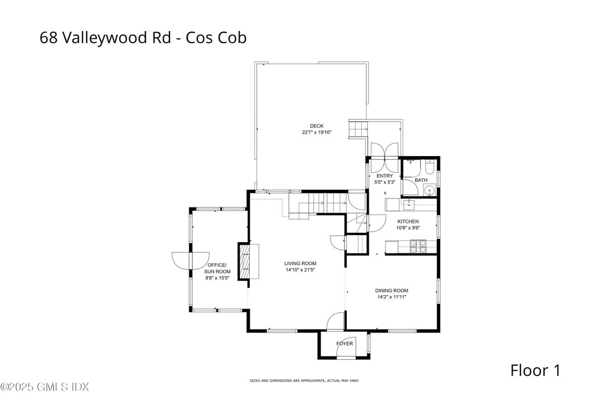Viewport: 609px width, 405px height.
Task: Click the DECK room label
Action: [317, 126]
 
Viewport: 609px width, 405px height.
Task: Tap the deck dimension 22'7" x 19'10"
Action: [317, 132]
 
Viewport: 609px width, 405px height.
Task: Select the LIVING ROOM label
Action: [300, 263]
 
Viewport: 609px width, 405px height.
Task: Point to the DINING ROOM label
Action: [392, 291]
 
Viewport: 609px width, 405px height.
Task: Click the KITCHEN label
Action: [408, 222]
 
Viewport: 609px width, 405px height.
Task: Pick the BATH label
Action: [421, 180]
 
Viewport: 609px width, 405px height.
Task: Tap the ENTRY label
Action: [384, 176]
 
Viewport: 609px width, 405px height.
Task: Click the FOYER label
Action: [345, 344]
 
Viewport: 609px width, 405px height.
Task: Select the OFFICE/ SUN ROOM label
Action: [217, 268]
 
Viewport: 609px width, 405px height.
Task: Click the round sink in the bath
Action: [429, 190]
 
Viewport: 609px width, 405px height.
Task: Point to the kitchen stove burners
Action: [418, 247]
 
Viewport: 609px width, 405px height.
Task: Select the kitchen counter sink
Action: [408, 205]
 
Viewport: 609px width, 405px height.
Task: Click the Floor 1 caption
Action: [535, 370]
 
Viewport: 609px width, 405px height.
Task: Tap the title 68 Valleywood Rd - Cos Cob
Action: [143, 37]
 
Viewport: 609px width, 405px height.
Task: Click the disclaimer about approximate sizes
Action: [304, 381]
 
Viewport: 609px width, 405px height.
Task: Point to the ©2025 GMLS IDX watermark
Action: [44, 387]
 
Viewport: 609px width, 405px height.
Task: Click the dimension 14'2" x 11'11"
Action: [392, 297]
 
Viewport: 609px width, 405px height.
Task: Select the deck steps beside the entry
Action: [358, 129]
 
